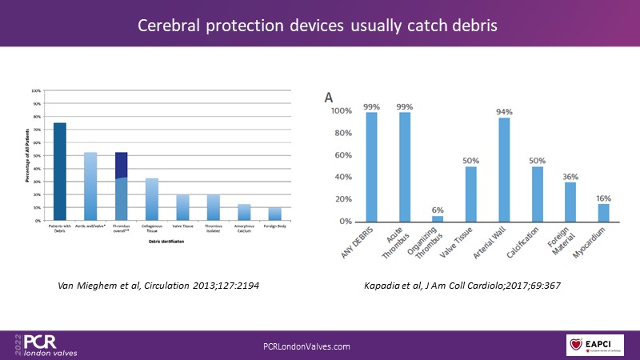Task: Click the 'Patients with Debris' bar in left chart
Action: [x=60, y=171]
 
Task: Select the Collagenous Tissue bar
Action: [x=152, y=199]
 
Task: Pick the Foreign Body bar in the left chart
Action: [x=274, y=214]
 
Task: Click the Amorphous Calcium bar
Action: [x=243, y=212]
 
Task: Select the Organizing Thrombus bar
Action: [x=438, y=218]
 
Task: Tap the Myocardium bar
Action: [x=604, y=212]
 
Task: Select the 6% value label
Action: [x=438, y=209]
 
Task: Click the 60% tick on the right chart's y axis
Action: [x=343, y=155]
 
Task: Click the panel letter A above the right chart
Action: [x=328, y=97]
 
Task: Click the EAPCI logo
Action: [x=595, y=345]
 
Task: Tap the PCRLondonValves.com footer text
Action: [x=307, y=346]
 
